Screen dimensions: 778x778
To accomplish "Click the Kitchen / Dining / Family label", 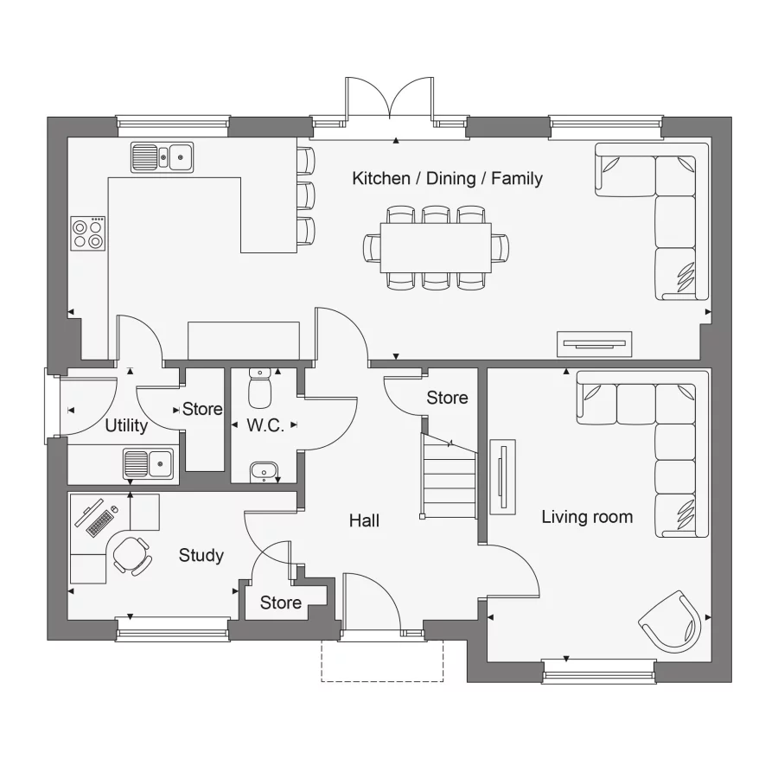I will pos(447,179).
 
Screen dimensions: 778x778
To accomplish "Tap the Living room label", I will pos(587,517).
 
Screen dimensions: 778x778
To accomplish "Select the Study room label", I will pos(201,555).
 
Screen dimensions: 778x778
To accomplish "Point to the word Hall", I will pos(364,520).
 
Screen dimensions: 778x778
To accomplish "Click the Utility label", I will pos(126,425).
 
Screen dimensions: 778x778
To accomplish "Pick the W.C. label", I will pos(265,425).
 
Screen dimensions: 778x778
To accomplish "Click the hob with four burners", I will pos(88,233).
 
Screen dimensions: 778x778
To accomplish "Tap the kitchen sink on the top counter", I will pos(163,157).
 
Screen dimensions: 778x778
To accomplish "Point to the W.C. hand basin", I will pos(263,471).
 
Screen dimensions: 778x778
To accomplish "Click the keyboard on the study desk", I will pos(100,521).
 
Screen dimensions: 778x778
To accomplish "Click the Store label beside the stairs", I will pos(447,398).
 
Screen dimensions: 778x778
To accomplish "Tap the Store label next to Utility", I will pos(202,409).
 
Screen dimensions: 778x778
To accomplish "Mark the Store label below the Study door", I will pos(281,602).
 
